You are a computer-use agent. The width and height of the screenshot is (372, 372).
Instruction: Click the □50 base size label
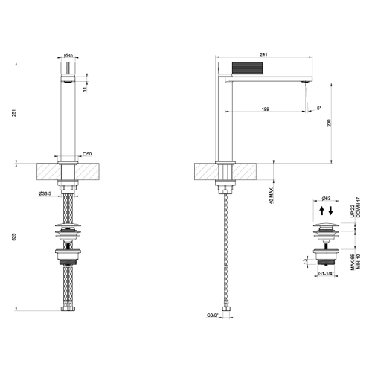[x=86, y=154]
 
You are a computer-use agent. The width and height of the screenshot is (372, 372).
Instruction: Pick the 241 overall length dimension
[x=263, y=54]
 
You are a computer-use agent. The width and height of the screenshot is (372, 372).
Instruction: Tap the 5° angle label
[x=320, y=109]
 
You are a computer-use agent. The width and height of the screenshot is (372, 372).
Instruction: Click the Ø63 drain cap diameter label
[x=326, y=199]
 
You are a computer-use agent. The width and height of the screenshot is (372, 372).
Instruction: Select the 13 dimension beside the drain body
[x=304, y=260]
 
